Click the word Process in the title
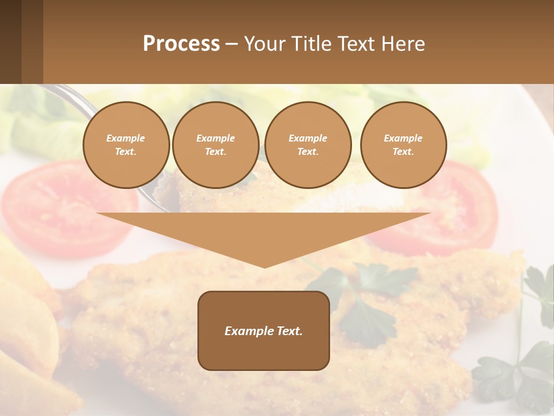(x=181, y=44)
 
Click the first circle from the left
(x=126, y=144)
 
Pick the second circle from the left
(x=216, y=144)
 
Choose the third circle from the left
(x=308, y=144)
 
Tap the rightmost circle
(x=403, y=144)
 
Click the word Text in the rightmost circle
(x=403, y=152)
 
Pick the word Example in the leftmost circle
(x=126, y=138)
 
